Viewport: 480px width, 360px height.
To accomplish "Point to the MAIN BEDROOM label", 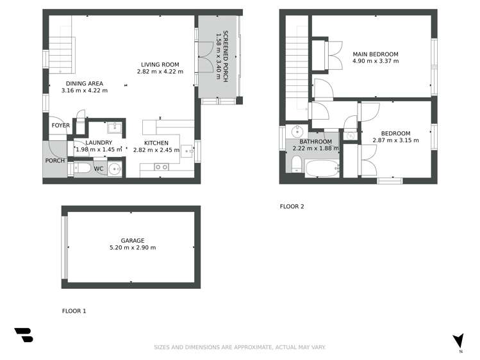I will point(375,54).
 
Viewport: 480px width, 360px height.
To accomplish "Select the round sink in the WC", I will point(114,170).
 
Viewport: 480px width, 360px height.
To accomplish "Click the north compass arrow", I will point(458,341).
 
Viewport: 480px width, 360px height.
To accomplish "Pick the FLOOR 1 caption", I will point(74,311).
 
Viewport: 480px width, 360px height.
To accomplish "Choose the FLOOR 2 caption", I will point(292,206).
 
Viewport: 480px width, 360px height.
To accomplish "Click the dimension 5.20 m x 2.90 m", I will point(133,248).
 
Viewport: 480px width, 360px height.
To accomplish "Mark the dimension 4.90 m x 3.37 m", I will point(376,61).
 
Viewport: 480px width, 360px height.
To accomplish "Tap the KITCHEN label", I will point(156,142).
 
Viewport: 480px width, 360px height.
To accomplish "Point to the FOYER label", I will point(60,126).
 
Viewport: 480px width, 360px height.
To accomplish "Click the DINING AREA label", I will point(84,83).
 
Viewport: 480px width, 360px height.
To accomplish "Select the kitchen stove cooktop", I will point(161,167).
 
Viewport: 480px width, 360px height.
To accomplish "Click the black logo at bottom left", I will point(23,334).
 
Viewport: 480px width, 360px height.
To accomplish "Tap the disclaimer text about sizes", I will point(240,347).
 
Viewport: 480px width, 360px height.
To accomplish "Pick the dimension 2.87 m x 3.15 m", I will point(395,140).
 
